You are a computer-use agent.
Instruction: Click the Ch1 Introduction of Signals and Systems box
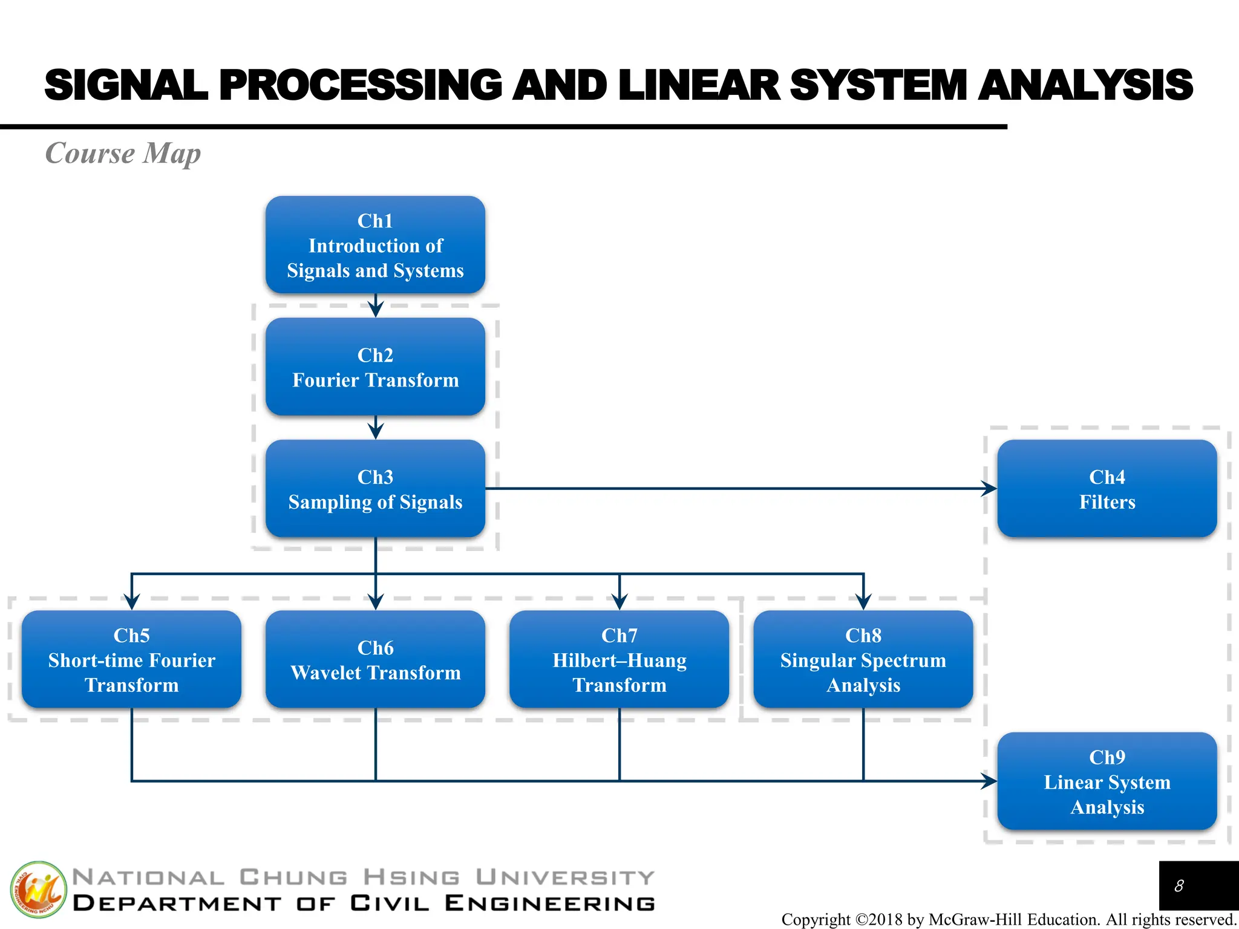375,245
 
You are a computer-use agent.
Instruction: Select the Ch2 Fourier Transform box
375,367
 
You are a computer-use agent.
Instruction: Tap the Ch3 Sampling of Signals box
375,489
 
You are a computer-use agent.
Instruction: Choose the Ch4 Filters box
1107,489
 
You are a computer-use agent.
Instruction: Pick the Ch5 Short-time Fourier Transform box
131,659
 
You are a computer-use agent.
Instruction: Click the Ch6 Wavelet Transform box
375,659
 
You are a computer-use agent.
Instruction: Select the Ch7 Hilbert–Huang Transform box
619,659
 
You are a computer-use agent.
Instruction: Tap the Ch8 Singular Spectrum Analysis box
863,659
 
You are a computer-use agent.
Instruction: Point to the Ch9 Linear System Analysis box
1107,781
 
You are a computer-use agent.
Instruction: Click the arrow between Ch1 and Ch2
376,307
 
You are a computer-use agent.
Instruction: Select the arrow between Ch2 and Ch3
376,429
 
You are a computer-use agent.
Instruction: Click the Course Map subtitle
123,153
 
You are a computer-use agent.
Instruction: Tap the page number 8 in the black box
1179,886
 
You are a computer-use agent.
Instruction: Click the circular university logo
38,890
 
